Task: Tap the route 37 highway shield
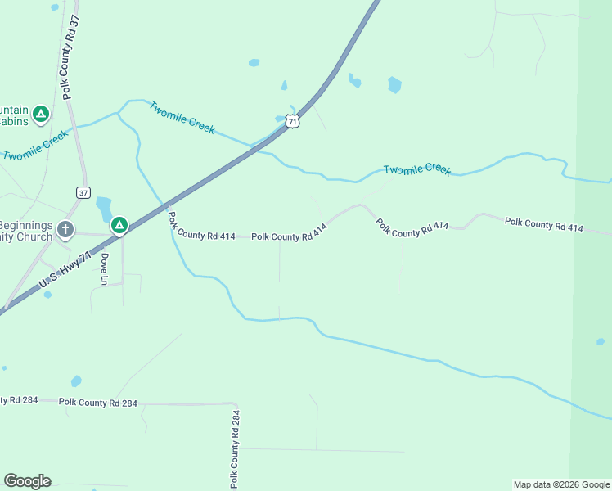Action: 83,192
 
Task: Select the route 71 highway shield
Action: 293,121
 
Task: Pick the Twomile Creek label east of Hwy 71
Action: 417,169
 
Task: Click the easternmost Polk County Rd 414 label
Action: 543,224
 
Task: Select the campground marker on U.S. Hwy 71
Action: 119,224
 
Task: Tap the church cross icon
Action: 65,230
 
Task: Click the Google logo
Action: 26,481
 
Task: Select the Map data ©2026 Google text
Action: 560,484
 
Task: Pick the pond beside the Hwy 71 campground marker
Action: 104,208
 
